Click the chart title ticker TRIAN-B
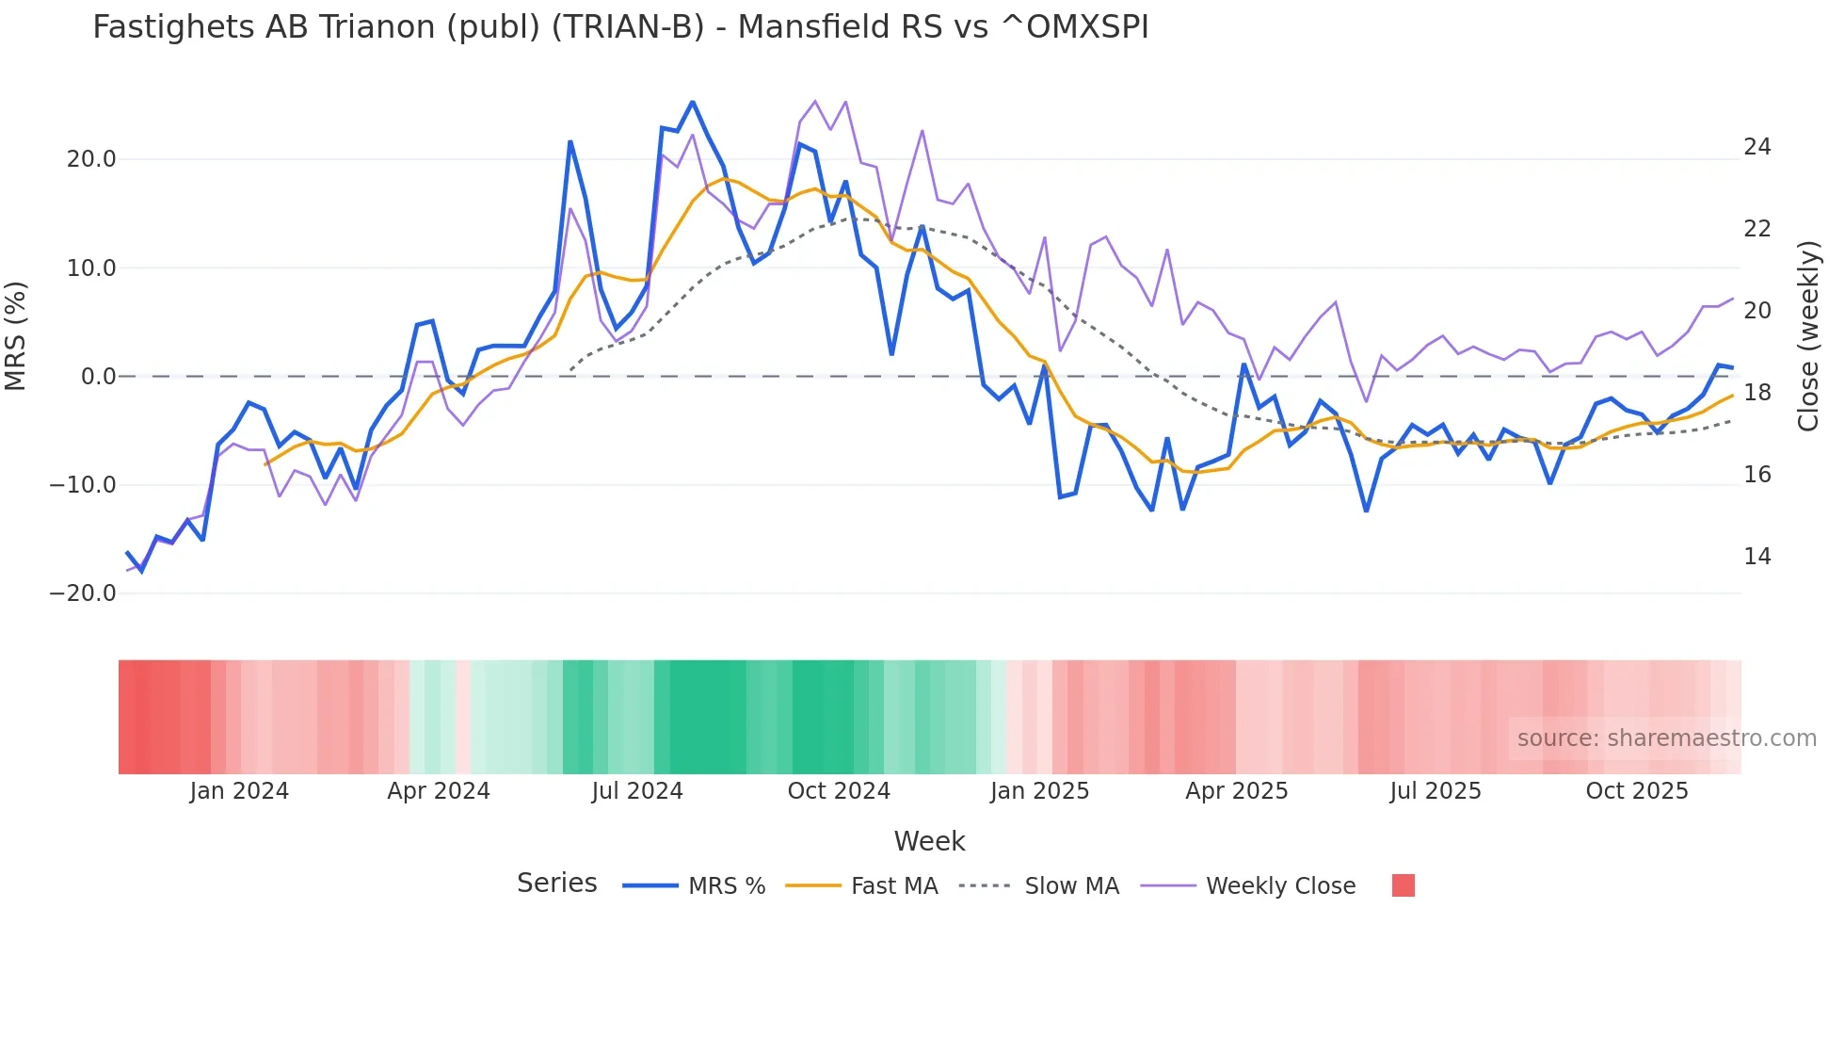click(627, 27)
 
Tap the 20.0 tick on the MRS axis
click(91, 159)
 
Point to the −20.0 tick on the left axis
click(83, 593)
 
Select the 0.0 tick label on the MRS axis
click(98, 377)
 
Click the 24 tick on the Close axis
click(1757, 147)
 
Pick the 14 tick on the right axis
click(1757, 557)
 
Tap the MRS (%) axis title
click(16, 335)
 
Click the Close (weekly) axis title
click(1807, 336)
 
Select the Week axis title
click(929, 841)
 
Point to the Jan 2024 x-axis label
click(239, 791)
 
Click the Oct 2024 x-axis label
click(839, 791)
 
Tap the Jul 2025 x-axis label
click(1435, 791)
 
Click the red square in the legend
click(1403, 885)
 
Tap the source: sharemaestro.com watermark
click(1666, 738)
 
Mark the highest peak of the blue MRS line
click(692, 102)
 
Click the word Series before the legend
click(556, 884)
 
